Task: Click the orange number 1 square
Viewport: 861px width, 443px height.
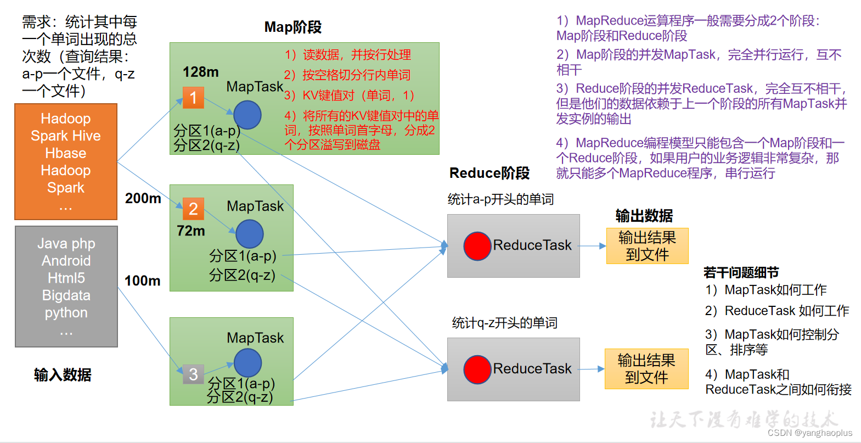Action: pyautogui.click(x=193, y=98)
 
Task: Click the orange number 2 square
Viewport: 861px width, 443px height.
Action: pyautogui.click(x=193, y=209)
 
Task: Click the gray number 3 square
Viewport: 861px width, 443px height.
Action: pyautogui.click(x=193, y=374)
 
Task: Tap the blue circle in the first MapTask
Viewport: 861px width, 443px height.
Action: pyautogui.click(x=247, y=115)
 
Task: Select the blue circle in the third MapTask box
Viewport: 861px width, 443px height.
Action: pyautogui.click(x=247, y=363)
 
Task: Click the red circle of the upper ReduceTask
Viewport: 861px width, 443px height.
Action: pyautogui.click(x=477, y=246)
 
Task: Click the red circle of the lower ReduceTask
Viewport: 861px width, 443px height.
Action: pyautogui.click(x=477, y=369)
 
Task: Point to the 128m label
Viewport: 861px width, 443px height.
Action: pyautogui.click(x=200, y=72)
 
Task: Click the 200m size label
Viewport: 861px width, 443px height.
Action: pyautogui.click(x=143, y=198)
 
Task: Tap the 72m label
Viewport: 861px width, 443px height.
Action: pyautogui.click(x=190, y=231)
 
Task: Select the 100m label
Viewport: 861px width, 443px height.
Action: pyautogui.click(x=142, y=281)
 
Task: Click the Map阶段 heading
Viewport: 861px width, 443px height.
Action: pyautogui.click(x=292, y=27)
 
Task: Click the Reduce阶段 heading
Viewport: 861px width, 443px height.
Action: pyautogui.click(x=489, y=173)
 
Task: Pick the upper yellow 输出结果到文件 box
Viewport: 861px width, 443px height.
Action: pyautogui.click(x=647, y=246)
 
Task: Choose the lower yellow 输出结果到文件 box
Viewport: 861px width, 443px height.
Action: pyautogui.click(x=646, y=369)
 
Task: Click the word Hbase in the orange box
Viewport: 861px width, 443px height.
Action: pyautogui.click(x=65, y=153)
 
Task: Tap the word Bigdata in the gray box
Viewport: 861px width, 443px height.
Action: pyautogui.click(x=66, y=295)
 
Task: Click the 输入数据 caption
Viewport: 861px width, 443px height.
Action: pyautogui.click(x=63, y=375)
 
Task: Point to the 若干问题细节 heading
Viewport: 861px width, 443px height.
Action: pyautogui.click(x=741, y=272)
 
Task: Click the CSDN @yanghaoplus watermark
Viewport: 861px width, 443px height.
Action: pyautogui.click(x=809, y=433)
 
